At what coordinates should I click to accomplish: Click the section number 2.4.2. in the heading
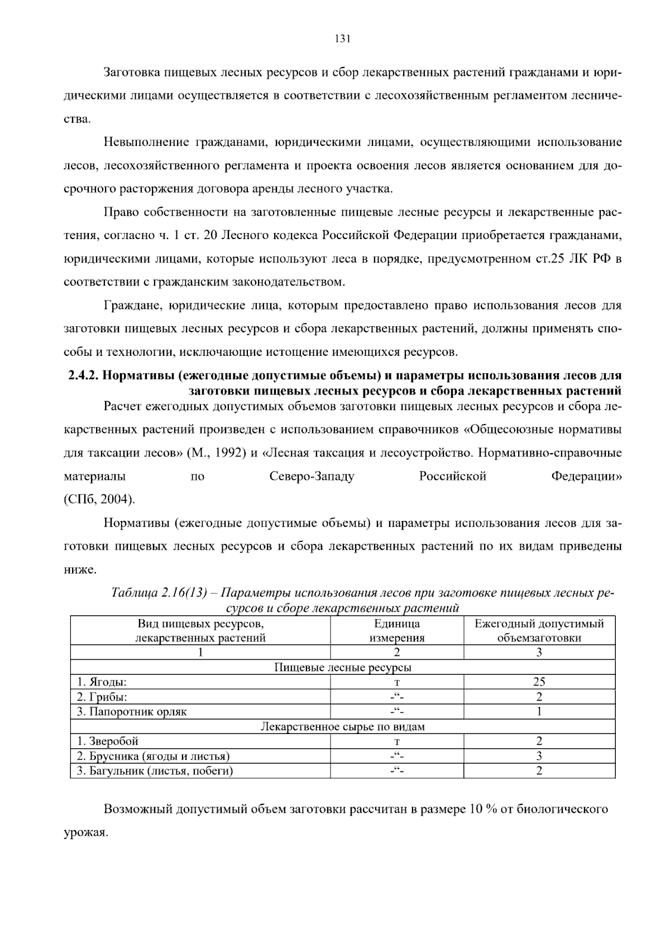(83, 375)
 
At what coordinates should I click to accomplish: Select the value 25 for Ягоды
(539, 682)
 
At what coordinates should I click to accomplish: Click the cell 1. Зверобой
(107, 741)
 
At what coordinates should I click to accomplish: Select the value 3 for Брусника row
(539, 756)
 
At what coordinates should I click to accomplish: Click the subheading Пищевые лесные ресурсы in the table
(342, 667)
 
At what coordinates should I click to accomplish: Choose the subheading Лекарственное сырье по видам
(342, 727)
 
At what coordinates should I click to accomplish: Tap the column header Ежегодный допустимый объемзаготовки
(539, 631)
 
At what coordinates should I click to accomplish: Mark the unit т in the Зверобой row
(396, 742)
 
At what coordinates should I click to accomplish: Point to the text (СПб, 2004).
(99, 499)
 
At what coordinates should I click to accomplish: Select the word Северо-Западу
(312, 477)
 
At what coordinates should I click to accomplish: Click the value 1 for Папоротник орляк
(539, 712)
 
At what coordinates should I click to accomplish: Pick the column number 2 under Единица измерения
(396, 652)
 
